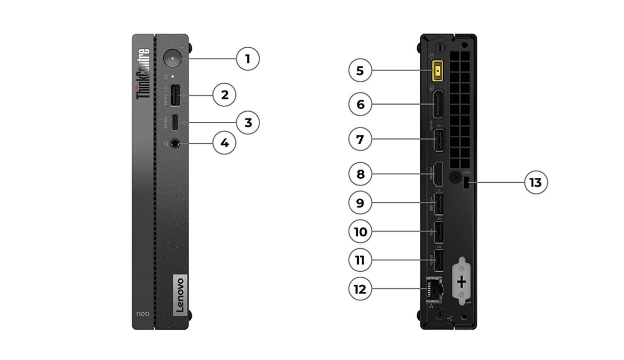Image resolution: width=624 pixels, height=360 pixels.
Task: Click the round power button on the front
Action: [173, 59]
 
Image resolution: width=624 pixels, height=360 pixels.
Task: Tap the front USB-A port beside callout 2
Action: [175, 95]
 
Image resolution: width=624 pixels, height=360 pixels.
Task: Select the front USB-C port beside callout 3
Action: [175, 122]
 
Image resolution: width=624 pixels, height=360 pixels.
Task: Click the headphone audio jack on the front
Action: [175, 143]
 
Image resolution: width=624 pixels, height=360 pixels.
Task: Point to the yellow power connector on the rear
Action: [439, 71]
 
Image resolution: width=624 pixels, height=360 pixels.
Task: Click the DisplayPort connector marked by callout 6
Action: [438, 104]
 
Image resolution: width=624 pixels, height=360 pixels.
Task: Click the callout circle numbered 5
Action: [360, 71]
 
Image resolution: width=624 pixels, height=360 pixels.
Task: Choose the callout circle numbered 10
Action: [360, 231]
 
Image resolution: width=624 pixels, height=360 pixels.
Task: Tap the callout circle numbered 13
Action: [536, 183]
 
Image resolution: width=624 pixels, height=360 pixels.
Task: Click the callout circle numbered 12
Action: [360, 289]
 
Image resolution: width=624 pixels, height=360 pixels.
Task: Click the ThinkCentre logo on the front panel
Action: [143, 74]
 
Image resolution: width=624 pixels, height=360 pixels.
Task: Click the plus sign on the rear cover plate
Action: [462, 282]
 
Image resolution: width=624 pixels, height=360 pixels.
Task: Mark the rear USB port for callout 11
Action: [438, 260]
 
